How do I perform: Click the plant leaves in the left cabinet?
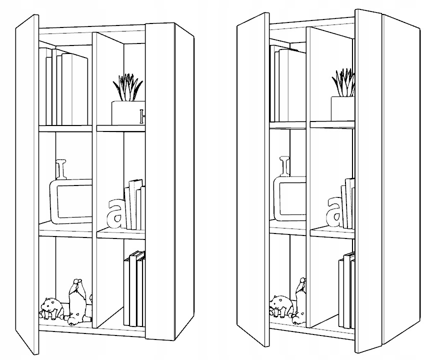[127, 87]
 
